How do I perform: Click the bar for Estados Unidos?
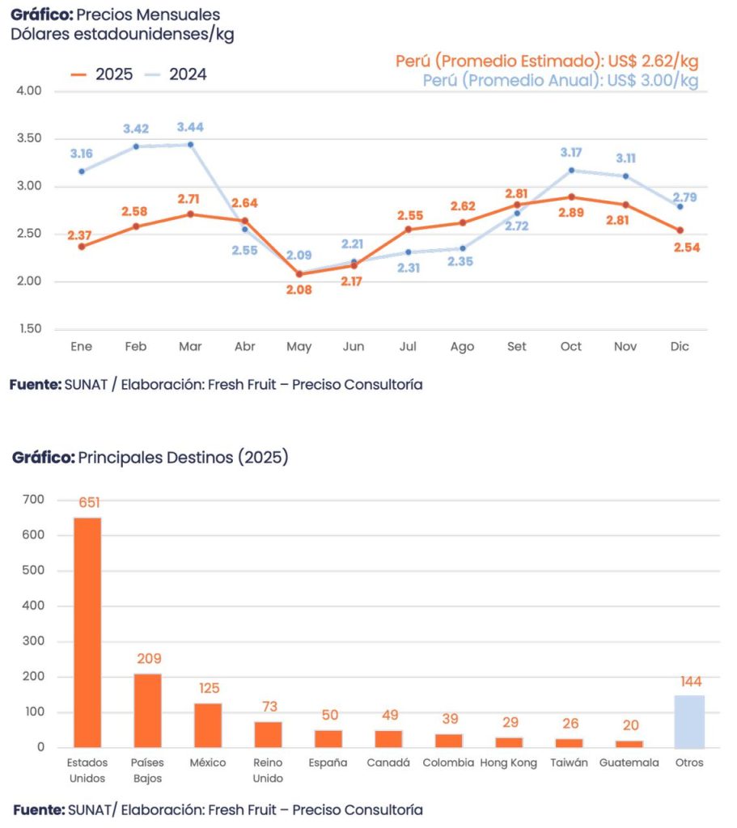coord(87,632)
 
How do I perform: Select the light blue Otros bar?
coord(690,721)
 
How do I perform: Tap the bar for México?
coord(208,725)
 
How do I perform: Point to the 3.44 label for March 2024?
coord(191,127)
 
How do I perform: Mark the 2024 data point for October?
coord(571,171)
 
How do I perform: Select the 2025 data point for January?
coord(82,247)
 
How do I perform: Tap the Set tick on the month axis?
coord(516,347)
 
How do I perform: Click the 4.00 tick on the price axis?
coord(28,91)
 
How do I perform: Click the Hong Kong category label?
coord(508,763)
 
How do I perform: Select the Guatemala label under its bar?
coord(629,763)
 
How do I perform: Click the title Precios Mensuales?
coord(115,15)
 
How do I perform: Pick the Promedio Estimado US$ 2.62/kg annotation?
coord(547,61)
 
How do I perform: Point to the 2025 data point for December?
coord(680,230)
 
